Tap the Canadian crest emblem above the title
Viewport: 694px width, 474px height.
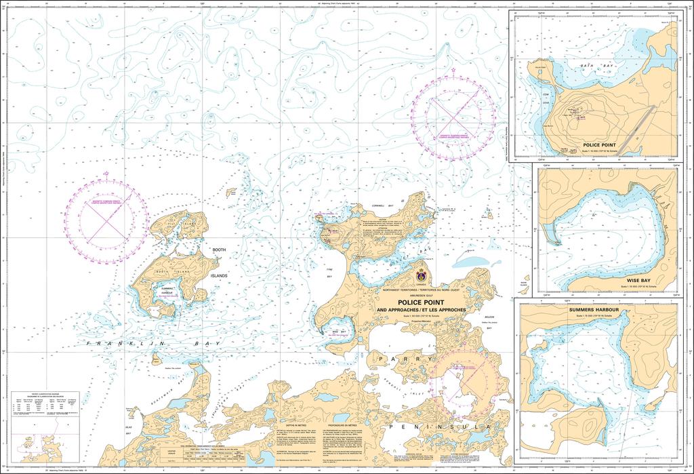pos(422,277)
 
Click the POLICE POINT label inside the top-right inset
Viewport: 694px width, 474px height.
pos(599,145)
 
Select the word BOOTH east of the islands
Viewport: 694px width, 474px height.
pos(219,250)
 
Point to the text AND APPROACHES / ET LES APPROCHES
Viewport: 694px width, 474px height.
pos(421,311)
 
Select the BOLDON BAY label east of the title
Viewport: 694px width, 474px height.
pos(489,321)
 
